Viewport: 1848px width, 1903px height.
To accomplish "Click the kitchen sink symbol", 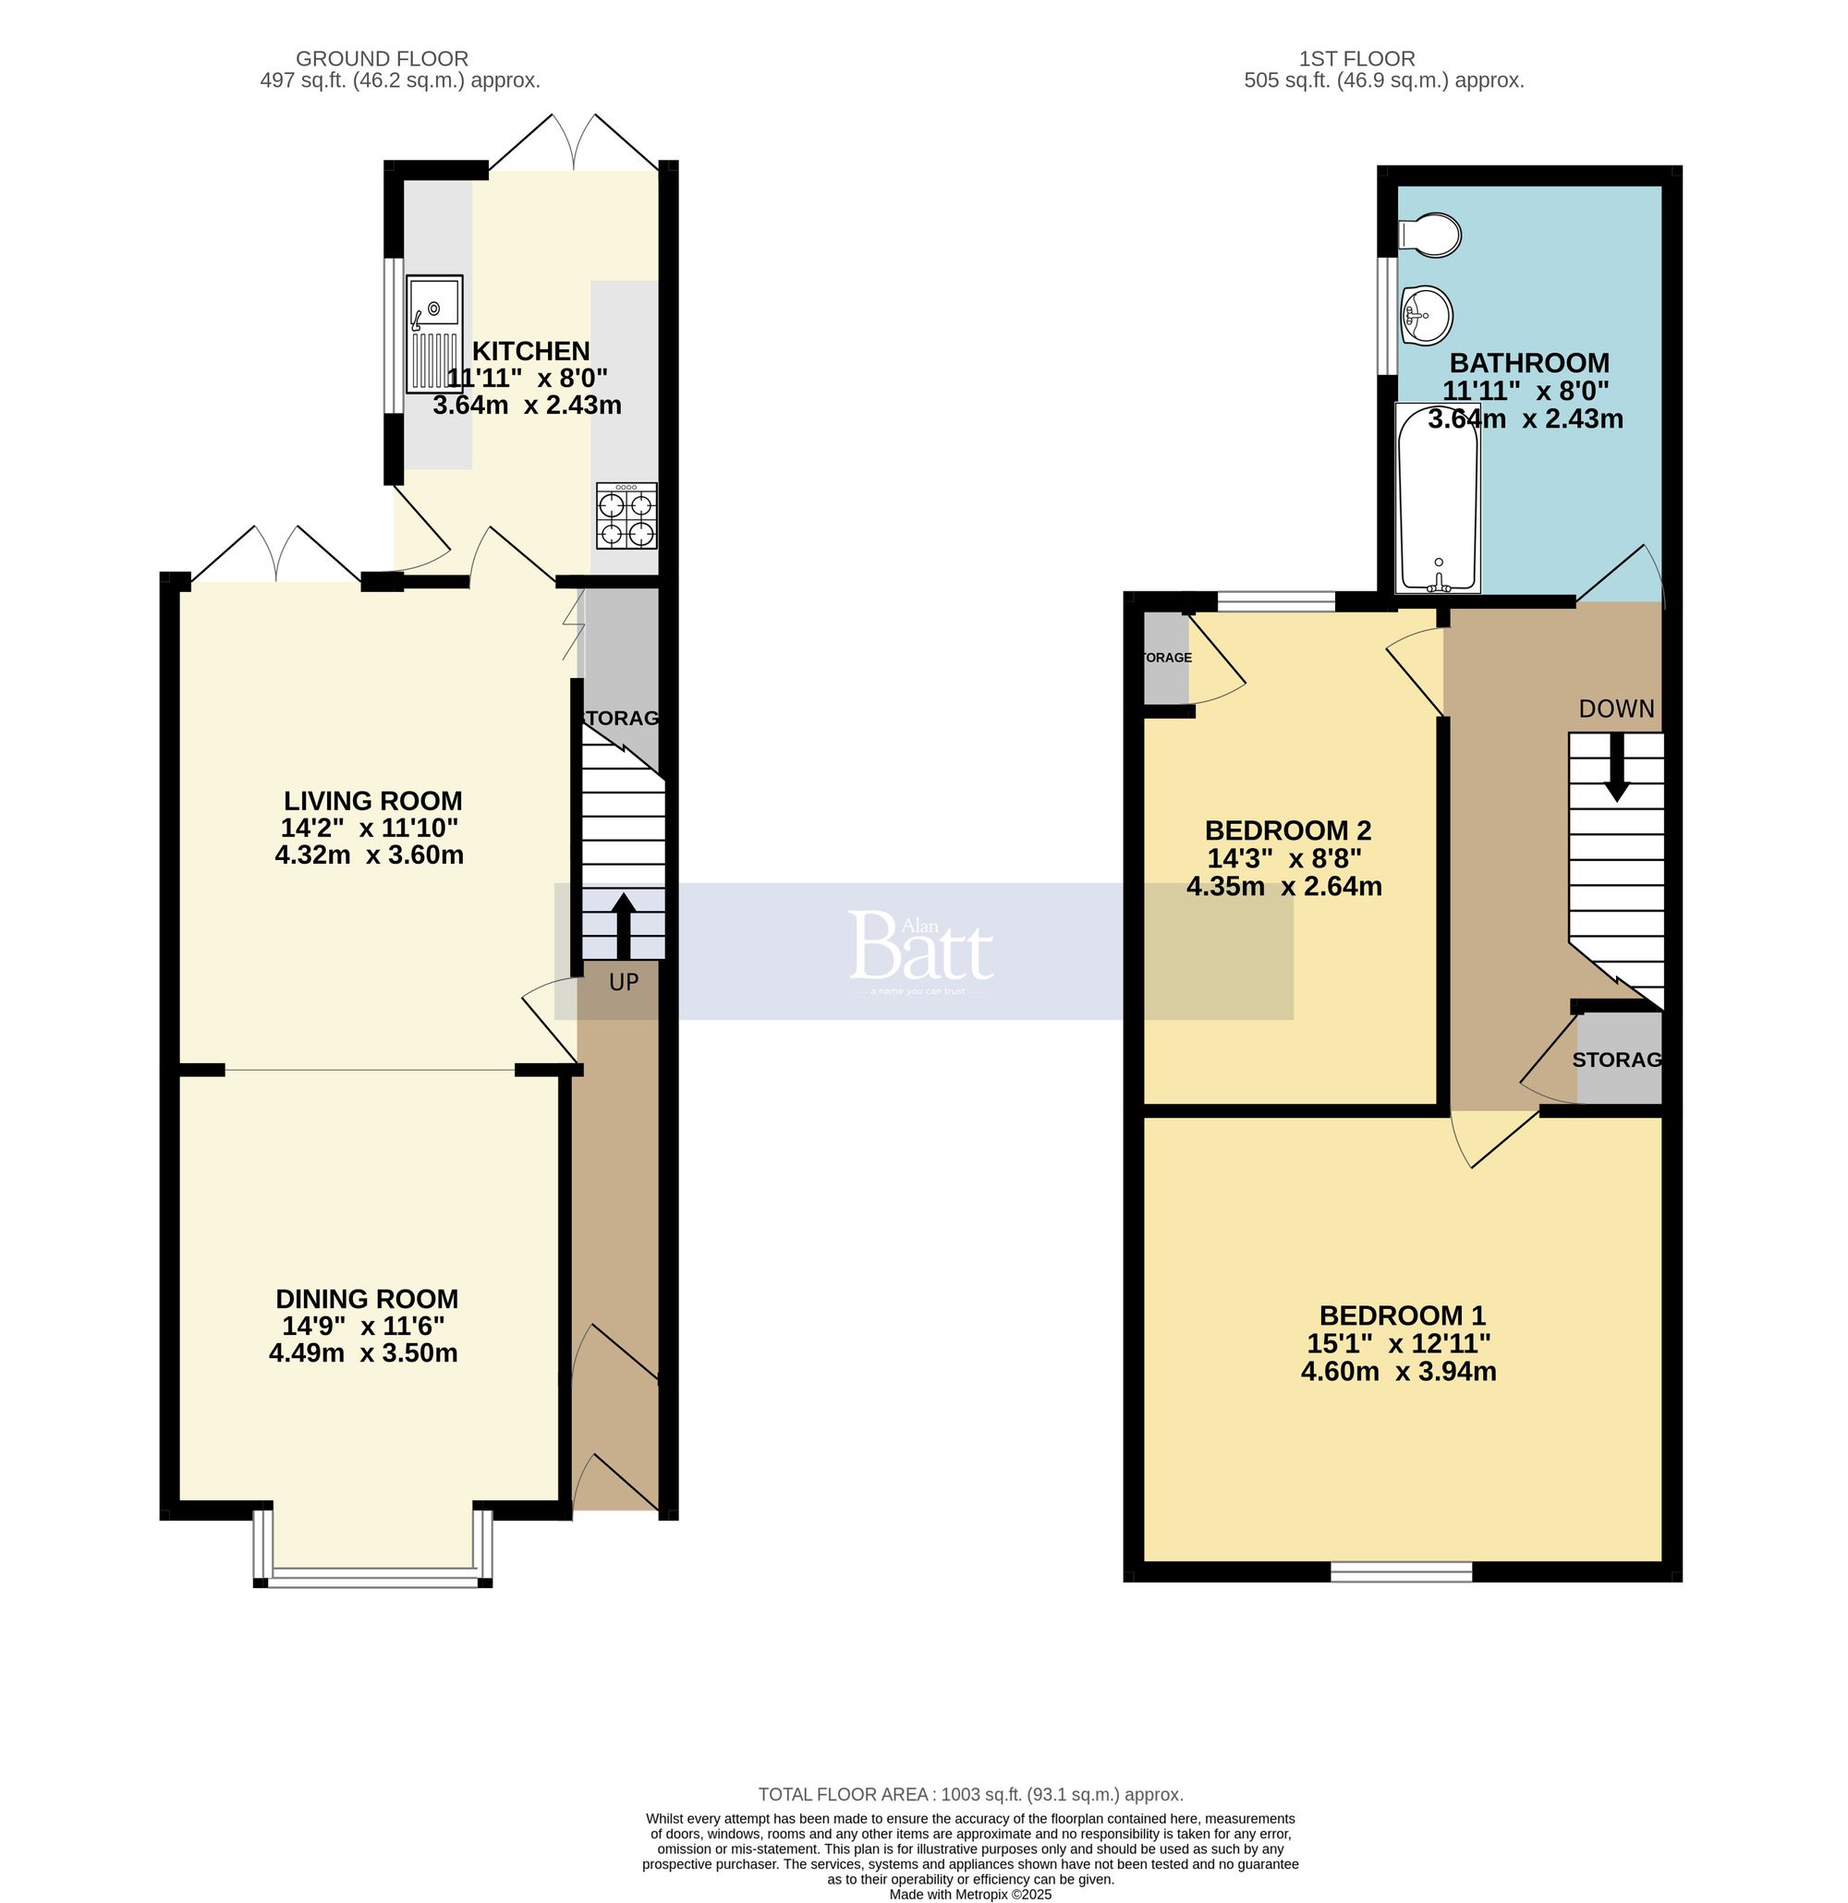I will coord(434,333).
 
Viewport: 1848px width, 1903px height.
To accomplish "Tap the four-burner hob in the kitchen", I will coord(627,518).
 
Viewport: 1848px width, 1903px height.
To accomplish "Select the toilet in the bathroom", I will coord(1429,235).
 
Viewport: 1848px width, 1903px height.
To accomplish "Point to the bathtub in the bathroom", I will coord(1437,497).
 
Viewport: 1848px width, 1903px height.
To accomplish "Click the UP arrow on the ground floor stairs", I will coord(623,927).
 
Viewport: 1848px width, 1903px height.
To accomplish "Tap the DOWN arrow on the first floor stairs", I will coord(1616,767).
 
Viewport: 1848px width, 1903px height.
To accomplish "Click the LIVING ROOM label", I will coord(373,801).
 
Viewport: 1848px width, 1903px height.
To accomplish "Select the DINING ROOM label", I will coord(366,1299).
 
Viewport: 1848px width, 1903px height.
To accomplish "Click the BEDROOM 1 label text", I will coord(1402,1315).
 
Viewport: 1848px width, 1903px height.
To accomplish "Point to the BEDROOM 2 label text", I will coord(1288,830).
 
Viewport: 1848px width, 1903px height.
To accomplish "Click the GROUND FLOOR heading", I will coord(382,59).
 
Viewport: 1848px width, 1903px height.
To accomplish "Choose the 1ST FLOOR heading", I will coord(1356,59).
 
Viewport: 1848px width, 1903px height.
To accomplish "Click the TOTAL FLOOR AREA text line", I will coord(970,1795).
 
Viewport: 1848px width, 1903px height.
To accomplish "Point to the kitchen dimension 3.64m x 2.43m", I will coord(527,406).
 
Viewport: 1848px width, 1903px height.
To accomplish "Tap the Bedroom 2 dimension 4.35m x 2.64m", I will coord(1283,887).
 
